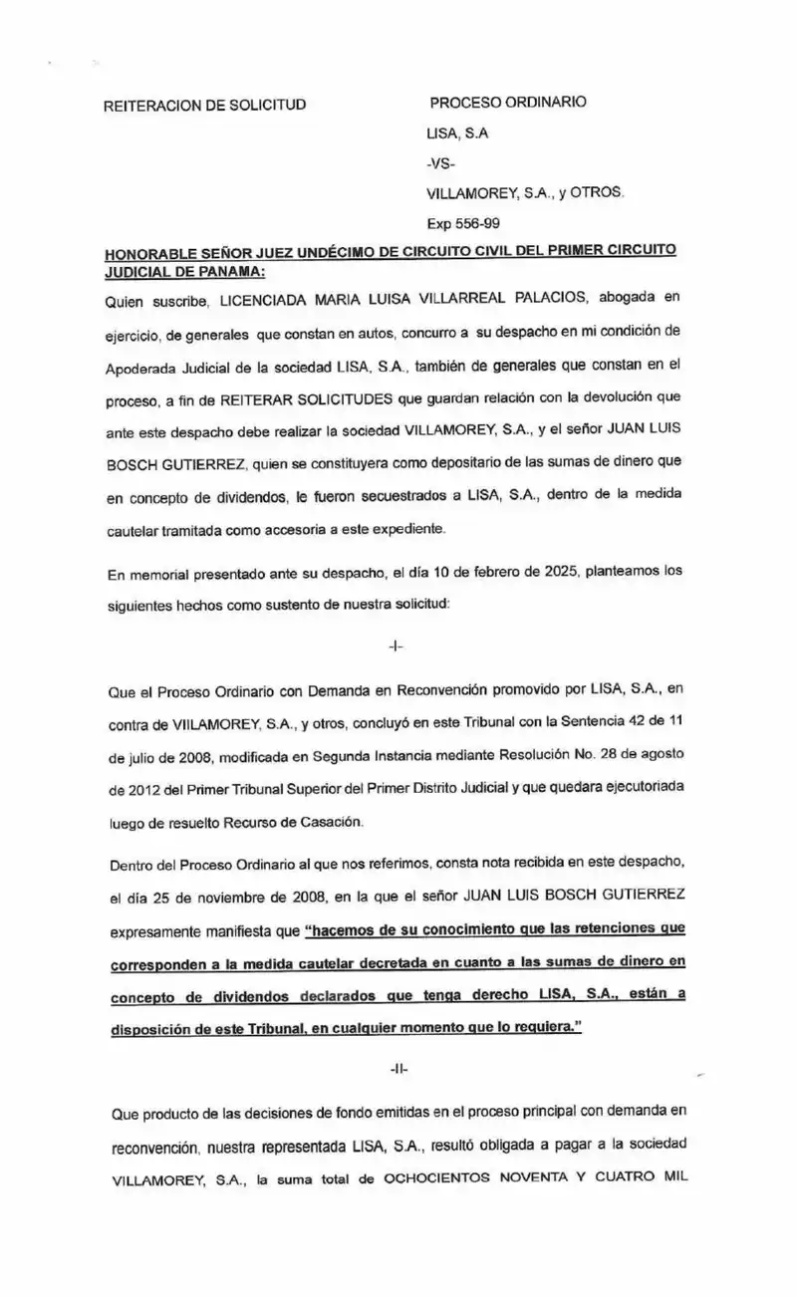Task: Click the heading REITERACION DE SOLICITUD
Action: (x=204, y=105)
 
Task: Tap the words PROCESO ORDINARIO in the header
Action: (x=508, y=103)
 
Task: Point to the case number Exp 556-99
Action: (x=463, y=224)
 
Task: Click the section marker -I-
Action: (x=396, y=646)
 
